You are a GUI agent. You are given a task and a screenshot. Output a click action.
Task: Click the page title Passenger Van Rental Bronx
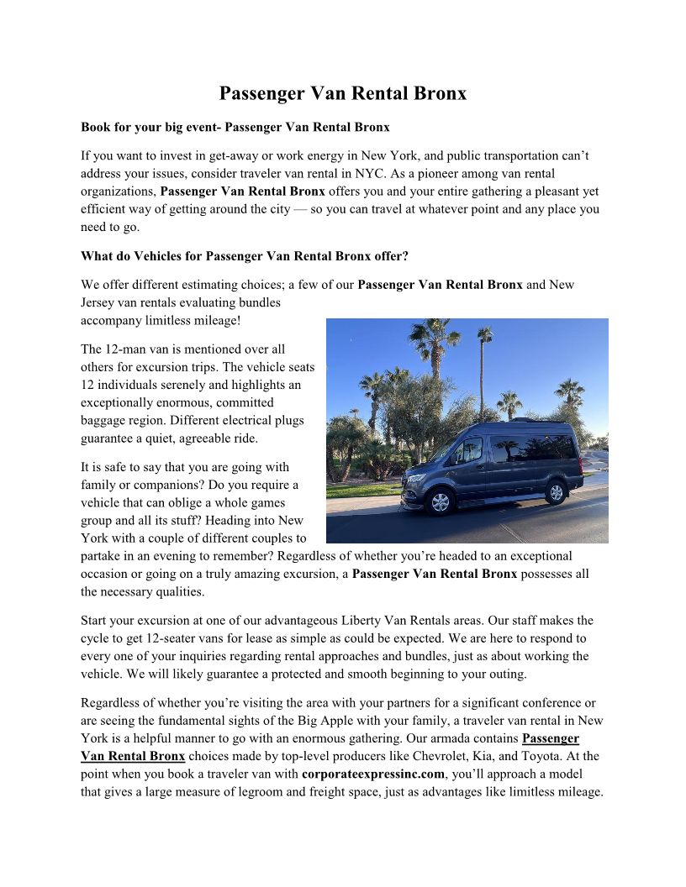click(x=343, y=93)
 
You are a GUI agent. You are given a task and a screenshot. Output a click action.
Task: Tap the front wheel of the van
click(x=439, y=501)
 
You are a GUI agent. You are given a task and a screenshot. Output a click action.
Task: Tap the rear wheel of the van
click(x=555, y=492)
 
